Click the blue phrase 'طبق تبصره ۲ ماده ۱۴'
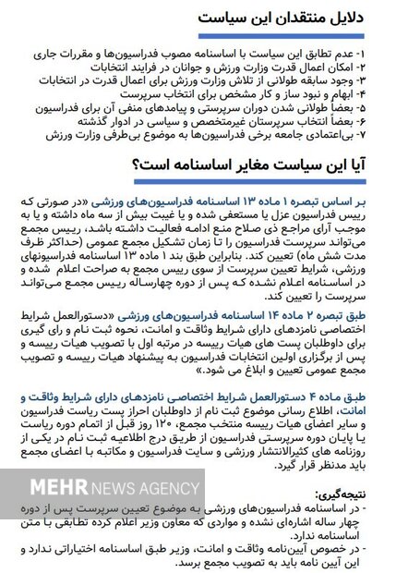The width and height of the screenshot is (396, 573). coord(328,316)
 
